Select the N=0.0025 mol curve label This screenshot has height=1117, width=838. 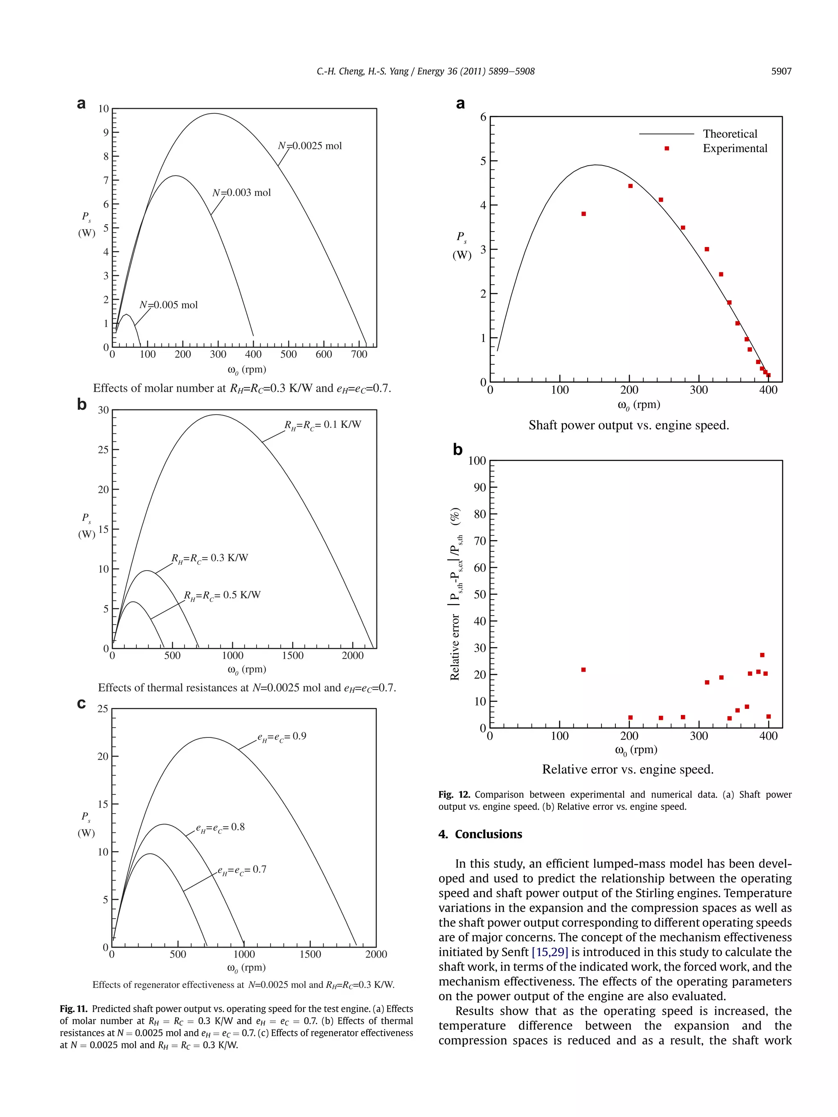tap(310, 146)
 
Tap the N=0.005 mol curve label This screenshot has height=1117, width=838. tap(168, 305)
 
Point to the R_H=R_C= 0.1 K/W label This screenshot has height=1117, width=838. tap(322, 425)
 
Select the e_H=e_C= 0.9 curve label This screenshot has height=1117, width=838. tap(282, 737)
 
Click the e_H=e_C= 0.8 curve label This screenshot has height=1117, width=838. tap(220, 827)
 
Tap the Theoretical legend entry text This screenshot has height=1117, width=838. tap(730, 134)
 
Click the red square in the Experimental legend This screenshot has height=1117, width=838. tap(666, 148)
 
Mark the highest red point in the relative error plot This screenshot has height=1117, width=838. tap(762, 655)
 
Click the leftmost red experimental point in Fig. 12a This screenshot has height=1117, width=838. tap(583, 214)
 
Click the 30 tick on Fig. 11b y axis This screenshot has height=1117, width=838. tap(103, 410)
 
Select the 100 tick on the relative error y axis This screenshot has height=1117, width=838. tap(476, 461)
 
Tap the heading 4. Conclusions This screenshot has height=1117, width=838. tap(480, 834)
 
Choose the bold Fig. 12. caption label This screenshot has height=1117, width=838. tap(454, 794)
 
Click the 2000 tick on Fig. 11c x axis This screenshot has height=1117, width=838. tap(376, 954)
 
